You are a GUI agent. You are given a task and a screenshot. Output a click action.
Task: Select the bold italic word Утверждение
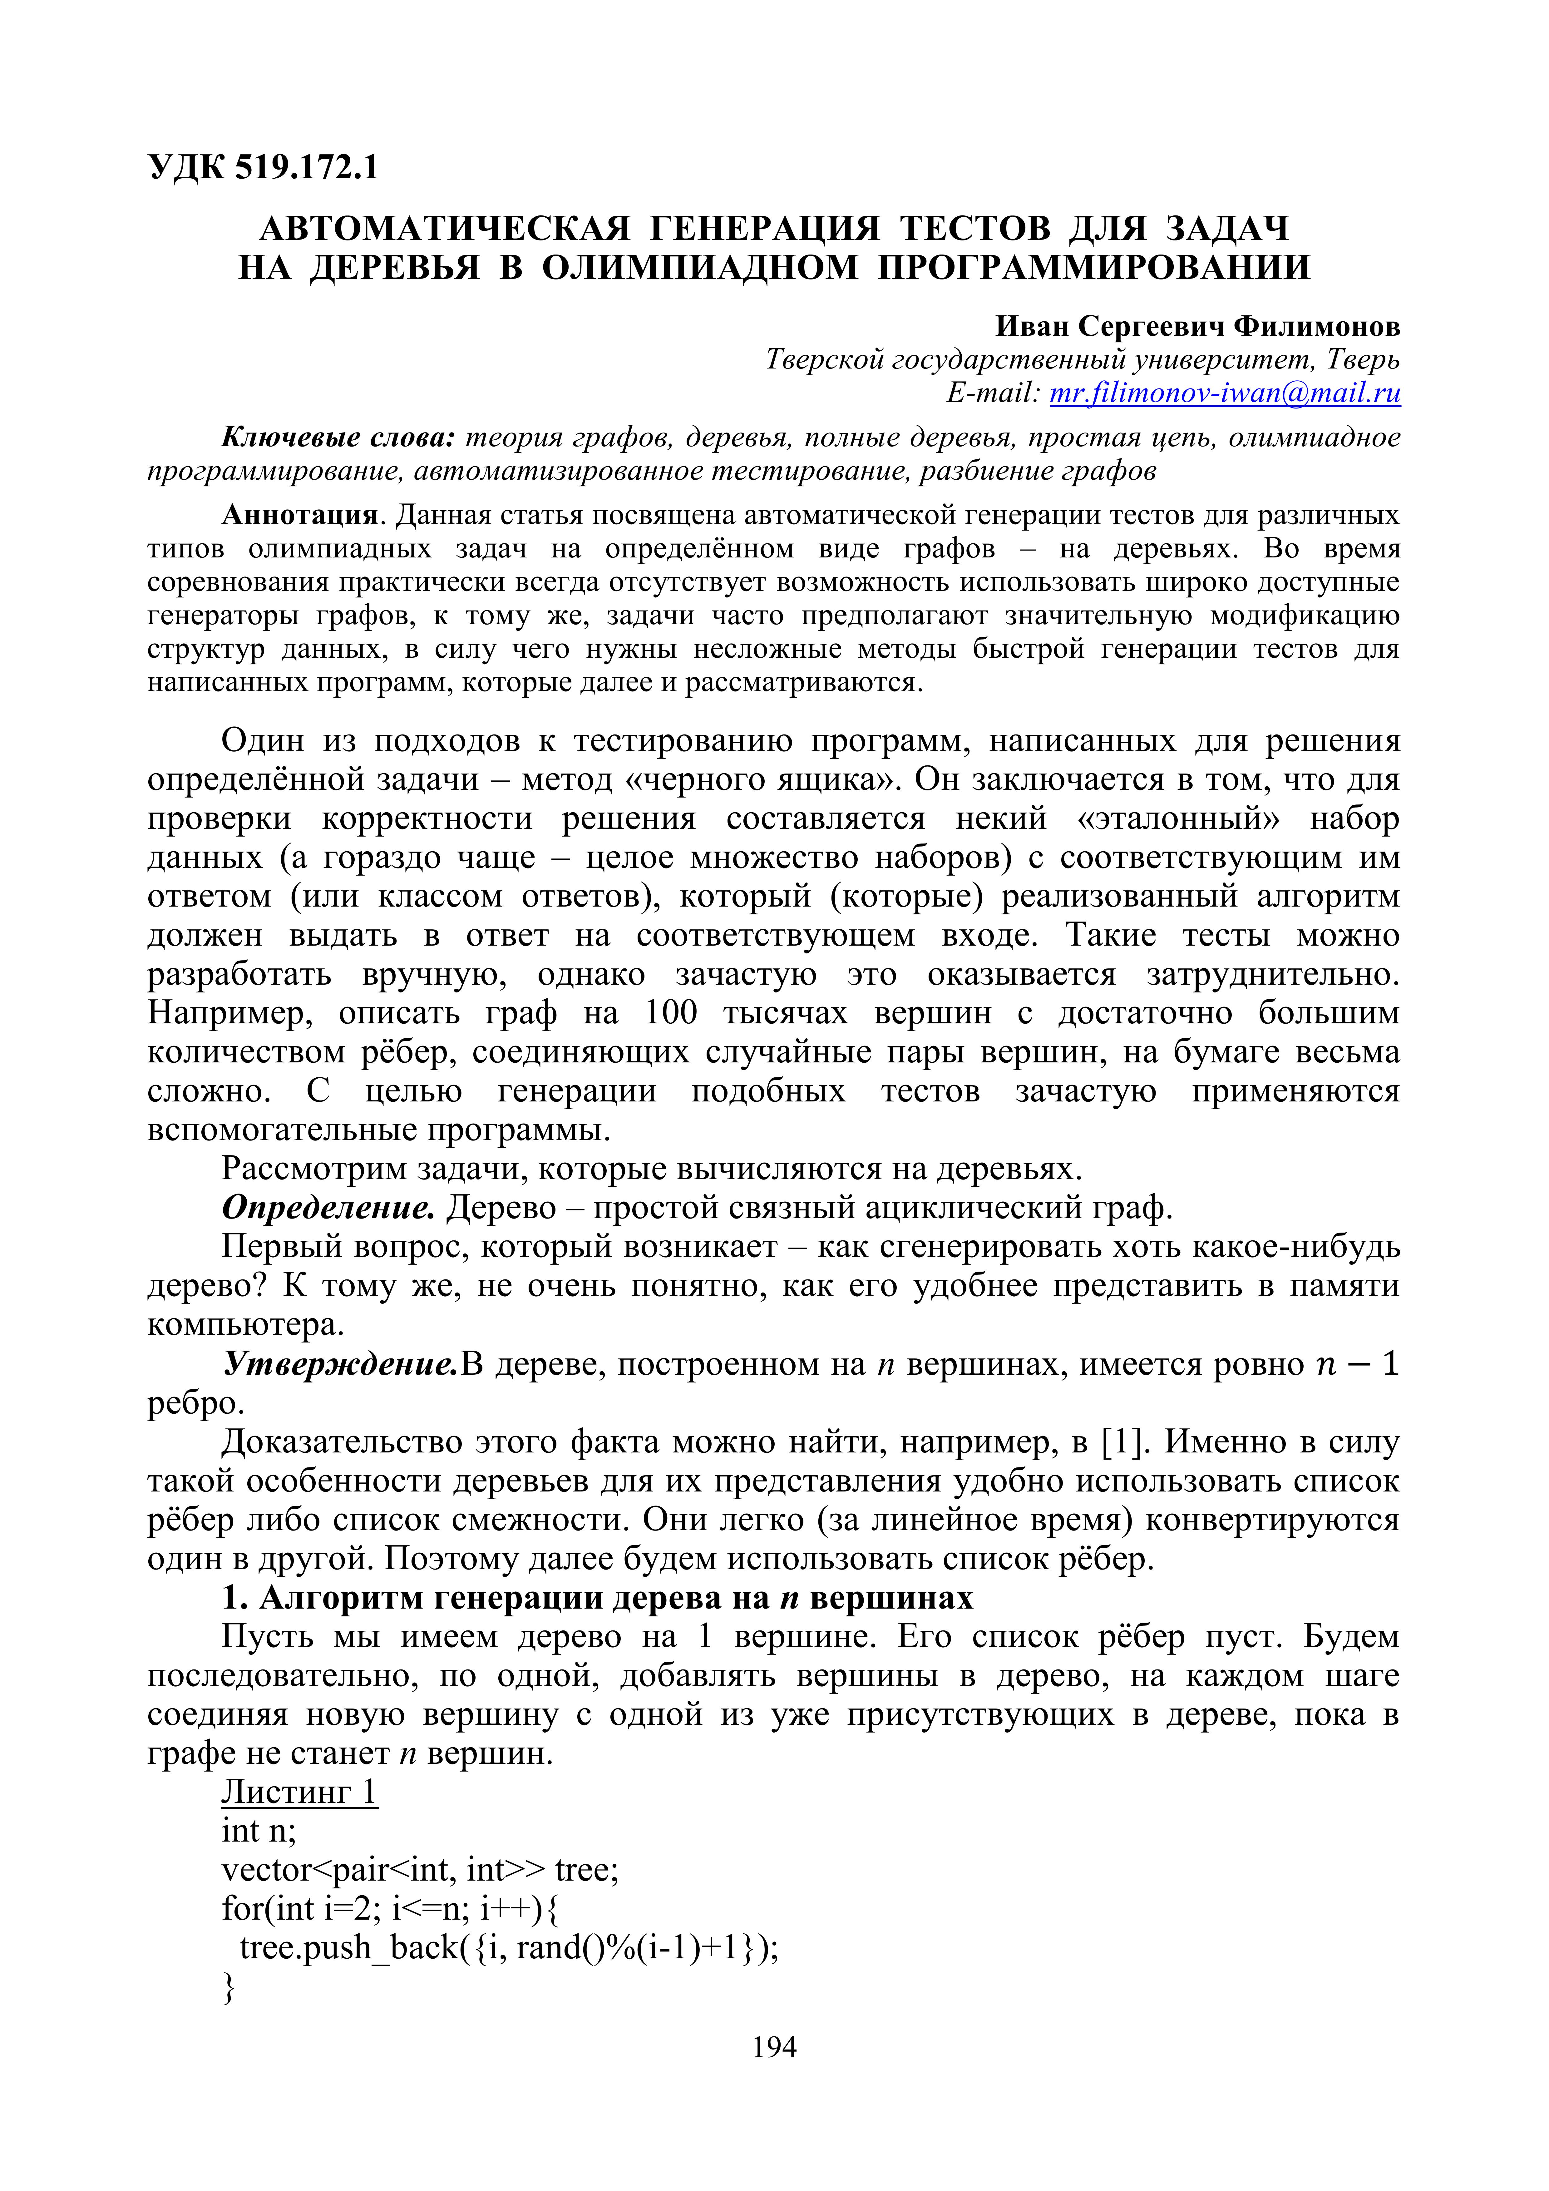pyautogui.click(x=340, y=1365)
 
